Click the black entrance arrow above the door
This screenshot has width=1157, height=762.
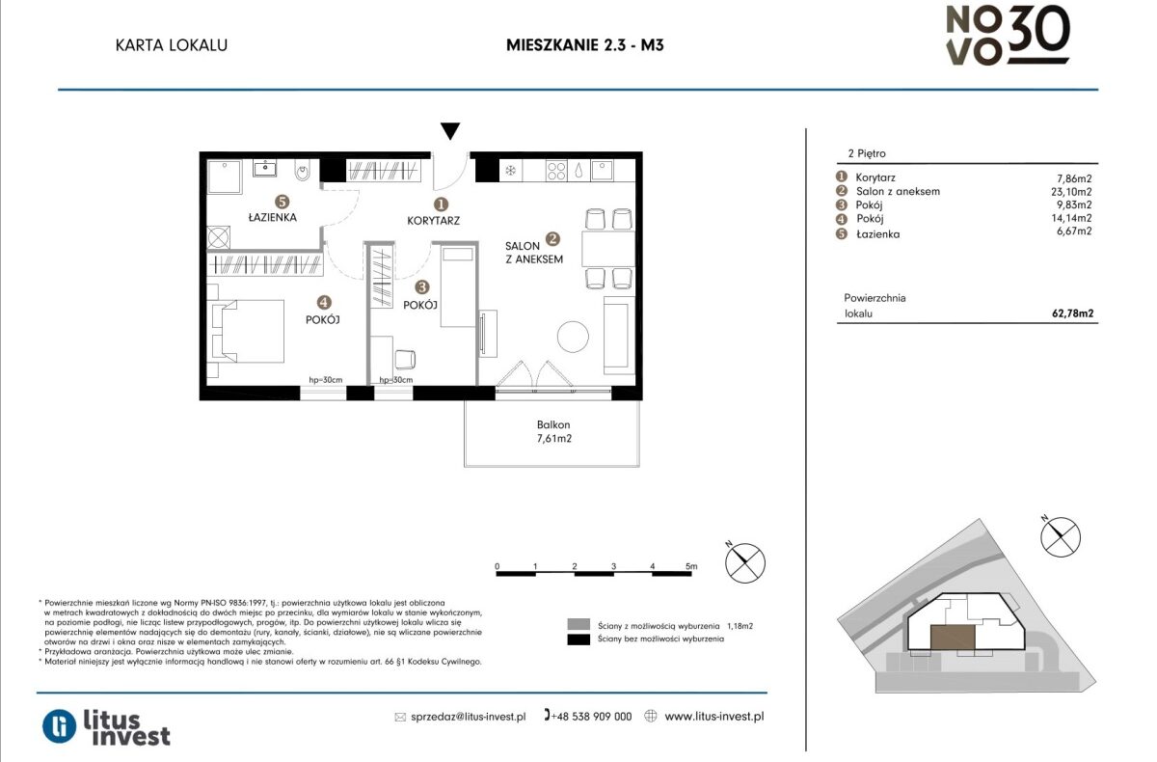[x=450, y=131]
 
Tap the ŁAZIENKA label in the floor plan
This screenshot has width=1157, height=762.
[x=272, y=217]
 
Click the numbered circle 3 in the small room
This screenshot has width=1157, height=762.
[x=421, y=286]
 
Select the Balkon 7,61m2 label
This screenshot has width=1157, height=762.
[x=553, y=431]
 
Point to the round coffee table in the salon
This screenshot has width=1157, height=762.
[x=573, y=337]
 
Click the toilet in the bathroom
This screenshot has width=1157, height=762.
[x=303, y=170]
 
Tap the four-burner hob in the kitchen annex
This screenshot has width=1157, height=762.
[x=556, y=171]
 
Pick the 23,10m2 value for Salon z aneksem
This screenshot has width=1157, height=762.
[x=1071, y=192]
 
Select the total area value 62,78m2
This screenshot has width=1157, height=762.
[x=1073, y=313]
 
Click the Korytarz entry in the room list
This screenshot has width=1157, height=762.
[x=875, y=177]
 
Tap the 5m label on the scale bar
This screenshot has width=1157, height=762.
[x=691, y=566]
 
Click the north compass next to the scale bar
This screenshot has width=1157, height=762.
[x=744, y=562]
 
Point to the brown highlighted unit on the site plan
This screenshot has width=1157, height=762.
[x=953, y=637]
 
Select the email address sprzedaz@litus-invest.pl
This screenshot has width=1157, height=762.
[x=468, y=717]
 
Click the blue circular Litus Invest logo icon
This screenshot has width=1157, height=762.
[x=60, y=726]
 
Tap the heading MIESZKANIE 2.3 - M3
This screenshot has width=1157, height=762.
[x=584, y=45]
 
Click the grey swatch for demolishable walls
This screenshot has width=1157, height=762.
[x=578, y=624]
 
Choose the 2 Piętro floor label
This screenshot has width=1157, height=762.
[x=867, y=153]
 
